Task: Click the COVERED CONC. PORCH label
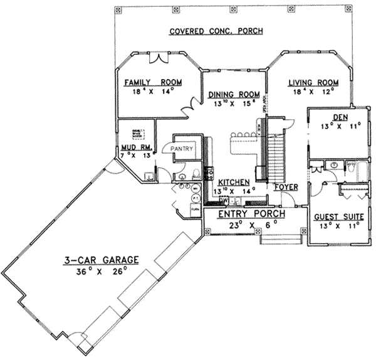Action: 216,31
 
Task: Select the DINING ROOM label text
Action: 229,96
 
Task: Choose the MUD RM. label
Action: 134,148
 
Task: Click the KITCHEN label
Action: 231,182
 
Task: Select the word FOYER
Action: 286,187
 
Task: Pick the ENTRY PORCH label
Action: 251,214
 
